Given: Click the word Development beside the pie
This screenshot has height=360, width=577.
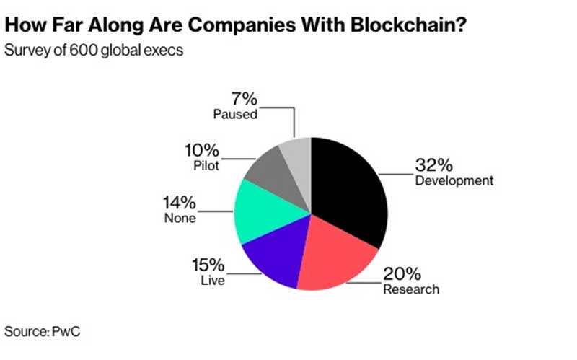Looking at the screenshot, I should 454,180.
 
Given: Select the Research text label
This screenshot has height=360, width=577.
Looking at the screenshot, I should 412,290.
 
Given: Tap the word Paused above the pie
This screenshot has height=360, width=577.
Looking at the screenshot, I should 235,114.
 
